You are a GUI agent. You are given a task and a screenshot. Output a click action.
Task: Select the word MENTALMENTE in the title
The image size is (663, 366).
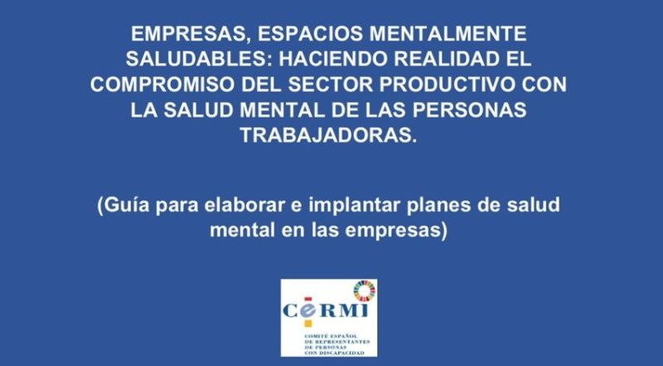coord(448,34)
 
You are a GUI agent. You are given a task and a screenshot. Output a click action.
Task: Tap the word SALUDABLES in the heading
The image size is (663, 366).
coord(198,59)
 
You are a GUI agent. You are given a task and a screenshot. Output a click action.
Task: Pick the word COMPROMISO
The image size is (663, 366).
coord(162,84)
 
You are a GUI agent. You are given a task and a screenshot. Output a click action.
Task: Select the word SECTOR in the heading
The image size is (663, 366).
coord(330,84)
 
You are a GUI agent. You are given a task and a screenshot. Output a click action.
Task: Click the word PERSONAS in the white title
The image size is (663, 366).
coord(469,110)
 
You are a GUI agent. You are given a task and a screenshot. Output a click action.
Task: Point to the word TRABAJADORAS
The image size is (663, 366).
coord(328,135)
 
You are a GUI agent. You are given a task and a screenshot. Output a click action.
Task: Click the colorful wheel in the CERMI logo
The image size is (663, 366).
coord(365,291)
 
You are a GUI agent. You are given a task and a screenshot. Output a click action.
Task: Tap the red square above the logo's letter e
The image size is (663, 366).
coord(308,299)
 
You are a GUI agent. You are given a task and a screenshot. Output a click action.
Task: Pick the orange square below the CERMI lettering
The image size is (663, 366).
coord(308,323)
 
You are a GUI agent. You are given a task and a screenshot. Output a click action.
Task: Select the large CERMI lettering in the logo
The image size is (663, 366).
coord(325,311)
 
